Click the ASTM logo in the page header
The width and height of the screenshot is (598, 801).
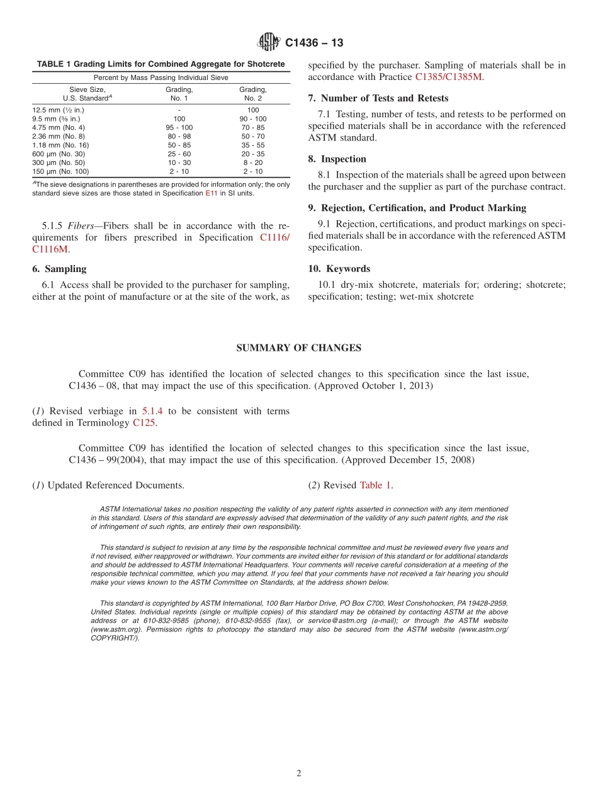tap(269, 42)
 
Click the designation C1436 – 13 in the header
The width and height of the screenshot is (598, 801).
tap(314, 43)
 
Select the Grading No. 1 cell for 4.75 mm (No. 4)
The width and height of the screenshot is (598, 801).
tap(179, 128)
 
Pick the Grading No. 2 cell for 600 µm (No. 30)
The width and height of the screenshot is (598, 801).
tap(253, 154)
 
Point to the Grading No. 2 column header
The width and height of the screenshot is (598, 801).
tap(253, 94)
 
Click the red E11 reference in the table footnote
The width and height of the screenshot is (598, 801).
tap(212, 193)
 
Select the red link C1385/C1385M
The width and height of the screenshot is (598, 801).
tap(449, 77)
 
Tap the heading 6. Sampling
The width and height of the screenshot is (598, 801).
tap(59, 269)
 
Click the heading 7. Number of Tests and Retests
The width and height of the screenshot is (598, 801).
tap(378, 98)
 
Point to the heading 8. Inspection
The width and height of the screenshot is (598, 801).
tap(337, 159)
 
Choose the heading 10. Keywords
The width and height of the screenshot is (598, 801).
tap(339, 269)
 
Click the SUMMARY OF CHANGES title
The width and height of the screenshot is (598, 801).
tap(298, 348)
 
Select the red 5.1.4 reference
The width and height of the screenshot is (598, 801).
tap(152, 411)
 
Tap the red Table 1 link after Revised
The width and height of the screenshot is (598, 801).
tap(375, 486)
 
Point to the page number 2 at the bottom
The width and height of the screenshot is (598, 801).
tap(299, 774)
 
